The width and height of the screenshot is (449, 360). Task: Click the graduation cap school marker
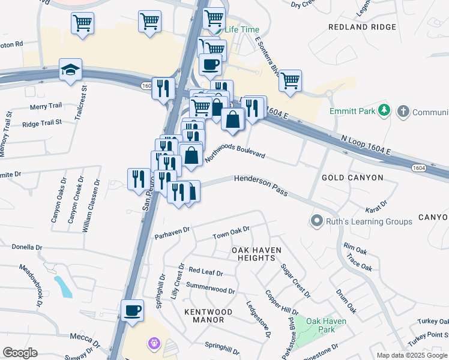70,69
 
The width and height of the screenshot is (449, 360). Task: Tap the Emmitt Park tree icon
385,111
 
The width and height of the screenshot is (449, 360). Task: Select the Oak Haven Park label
326,325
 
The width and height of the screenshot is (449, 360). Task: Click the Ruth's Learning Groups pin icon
317,221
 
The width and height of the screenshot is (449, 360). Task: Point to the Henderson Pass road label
261,186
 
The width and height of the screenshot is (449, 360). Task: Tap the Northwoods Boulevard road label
235,155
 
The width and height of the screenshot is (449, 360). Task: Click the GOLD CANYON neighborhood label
352,178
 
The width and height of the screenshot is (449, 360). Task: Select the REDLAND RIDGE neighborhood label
362,27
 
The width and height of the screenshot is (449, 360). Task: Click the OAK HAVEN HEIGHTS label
256,253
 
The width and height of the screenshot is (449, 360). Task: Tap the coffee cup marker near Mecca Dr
132,311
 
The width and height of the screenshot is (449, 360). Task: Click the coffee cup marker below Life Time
209,64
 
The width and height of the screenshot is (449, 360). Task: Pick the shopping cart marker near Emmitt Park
290,80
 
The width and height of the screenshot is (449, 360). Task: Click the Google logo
20,353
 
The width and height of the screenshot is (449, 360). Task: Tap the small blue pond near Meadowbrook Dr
63,286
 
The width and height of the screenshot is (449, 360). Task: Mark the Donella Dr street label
28,247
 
